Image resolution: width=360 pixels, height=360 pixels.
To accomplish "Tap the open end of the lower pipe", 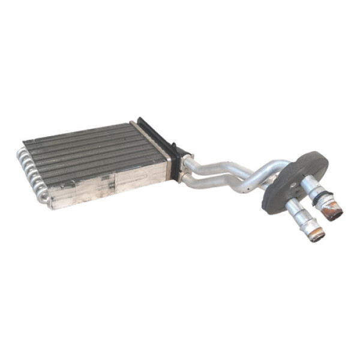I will pyautogui.click(x=317, y=234).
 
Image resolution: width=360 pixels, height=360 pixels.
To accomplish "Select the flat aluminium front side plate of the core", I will pyautogui.click(x=108, y=183).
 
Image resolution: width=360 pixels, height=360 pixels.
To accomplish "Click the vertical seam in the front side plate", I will pyautogui.click(x=115, y=184).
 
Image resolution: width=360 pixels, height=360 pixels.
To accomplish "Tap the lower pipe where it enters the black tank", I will pyautogui.click(x=187, y=179).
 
